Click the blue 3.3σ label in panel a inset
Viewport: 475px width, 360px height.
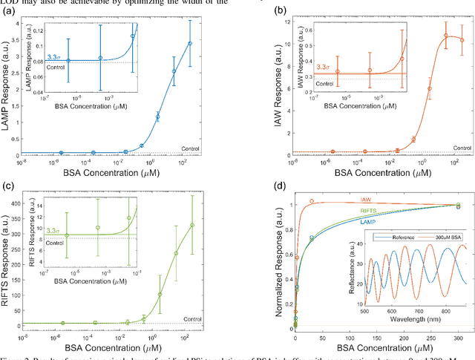pyautogui.click(x=53, y=56)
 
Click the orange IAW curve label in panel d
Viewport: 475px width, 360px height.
pyautogui.click(x=367, y=200)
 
